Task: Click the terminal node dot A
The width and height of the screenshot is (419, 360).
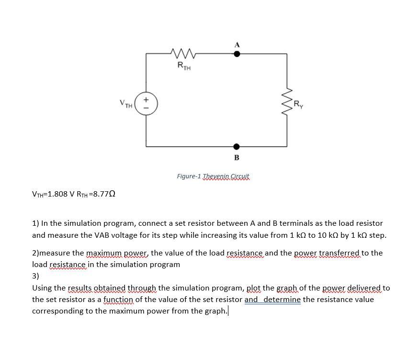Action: (237, 54)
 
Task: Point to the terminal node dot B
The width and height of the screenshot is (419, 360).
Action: (237, 146)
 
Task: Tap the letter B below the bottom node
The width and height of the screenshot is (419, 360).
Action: (237, 158)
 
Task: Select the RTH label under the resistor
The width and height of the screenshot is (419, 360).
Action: (183, 66)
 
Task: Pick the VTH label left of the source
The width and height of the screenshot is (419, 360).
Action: (126, 103)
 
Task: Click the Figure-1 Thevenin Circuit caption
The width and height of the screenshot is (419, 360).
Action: (214, 176)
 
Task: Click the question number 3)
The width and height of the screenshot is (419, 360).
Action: (36, 276)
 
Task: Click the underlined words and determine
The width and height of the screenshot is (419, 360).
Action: (272, 300)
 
